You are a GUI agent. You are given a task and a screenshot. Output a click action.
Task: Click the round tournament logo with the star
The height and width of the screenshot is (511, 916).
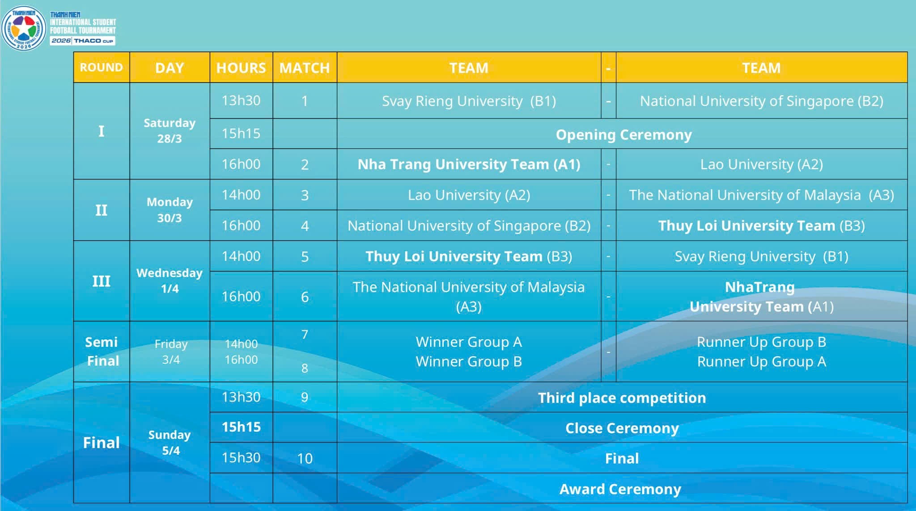click(x=24, y=28)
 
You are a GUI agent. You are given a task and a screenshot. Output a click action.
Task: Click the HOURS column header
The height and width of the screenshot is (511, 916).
click(x=241, y=68)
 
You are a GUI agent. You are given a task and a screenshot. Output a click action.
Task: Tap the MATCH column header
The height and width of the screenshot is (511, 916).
click(x=305, y=68)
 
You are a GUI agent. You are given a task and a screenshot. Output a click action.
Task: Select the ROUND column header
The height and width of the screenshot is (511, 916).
click(x=102, y=67)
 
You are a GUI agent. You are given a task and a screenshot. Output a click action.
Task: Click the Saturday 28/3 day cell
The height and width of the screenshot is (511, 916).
click(x=170, y=130)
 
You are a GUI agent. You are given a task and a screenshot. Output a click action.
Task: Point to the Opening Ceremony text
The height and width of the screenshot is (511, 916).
click(x=624, y=134)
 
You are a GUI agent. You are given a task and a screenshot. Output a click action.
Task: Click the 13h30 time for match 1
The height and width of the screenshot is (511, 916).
click(x=241, y=101)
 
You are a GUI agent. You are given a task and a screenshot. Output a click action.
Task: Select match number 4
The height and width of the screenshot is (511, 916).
click(x=305, y=226)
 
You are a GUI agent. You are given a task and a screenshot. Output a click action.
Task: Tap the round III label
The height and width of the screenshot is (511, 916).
click(x=102, y=281)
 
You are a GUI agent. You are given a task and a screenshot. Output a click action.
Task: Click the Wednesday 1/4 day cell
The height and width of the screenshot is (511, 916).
click(x=170, y=281)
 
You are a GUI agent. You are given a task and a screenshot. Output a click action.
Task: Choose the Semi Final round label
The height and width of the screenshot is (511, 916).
click(x=102, y=351)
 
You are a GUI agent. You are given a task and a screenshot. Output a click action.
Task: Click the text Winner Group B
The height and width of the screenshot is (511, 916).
click(x=469, y=361)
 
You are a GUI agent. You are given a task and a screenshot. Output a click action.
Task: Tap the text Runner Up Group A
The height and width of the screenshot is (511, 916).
click(x=761, y=361)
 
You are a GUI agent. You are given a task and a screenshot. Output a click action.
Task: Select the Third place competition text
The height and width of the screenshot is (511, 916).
click(x=622, y=398)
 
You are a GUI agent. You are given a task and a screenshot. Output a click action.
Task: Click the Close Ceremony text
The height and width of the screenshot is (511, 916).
click(x=622, y=428)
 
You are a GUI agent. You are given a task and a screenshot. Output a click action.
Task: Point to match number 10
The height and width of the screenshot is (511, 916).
click(x=305, y=458)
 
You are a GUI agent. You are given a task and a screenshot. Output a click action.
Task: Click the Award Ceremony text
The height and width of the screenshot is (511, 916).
click(x=620, y=489)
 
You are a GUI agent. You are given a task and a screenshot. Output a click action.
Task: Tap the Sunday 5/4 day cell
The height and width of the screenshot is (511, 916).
click(x=170, y=442)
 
